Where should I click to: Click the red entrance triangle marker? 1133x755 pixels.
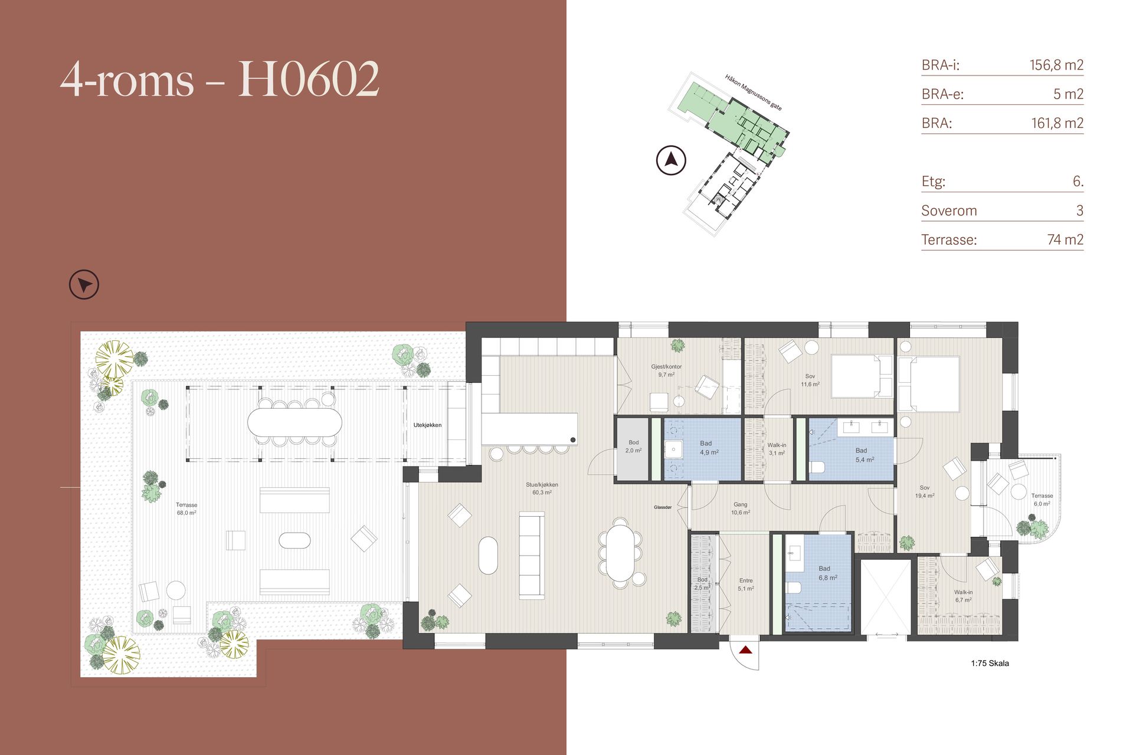coord(746,650)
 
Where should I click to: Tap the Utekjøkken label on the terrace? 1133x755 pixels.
coord(427,425)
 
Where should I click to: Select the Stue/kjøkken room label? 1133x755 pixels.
coord(542,488)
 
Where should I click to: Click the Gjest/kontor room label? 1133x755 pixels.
coord(666,370)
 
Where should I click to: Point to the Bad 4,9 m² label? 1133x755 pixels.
coord(708,448)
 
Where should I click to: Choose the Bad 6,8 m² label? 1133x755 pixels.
coord(827,573)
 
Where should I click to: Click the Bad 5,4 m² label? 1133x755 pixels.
coord(865,455)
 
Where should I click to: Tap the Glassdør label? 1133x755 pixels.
coord(663,507)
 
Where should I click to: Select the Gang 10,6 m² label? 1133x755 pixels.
coord(741,508)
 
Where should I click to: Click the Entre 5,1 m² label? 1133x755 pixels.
coord(746,585)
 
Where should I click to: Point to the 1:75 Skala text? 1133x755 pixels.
coord(990,663)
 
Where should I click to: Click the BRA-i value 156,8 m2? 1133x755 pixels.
coord(1056,65)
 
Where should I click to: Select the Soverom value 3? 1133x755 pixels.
coord(1080,211)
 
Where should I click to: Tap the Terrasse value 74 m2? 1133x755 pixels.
coord(1065,239)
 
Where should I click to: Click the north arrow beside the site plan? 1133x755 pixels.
coord(671,160)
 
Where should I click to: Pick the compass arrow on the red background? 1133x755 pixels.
coord(84,285)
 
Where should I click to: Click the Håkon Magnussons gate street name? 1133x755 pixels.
coord(754,93)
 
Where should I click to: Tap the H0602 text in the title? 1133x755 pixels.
coord(309,78)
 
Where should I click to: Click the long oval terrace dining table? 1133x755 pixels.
coord(294,422)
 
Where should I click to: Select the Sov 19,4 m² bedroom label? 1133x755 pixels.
coord(925,492)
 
